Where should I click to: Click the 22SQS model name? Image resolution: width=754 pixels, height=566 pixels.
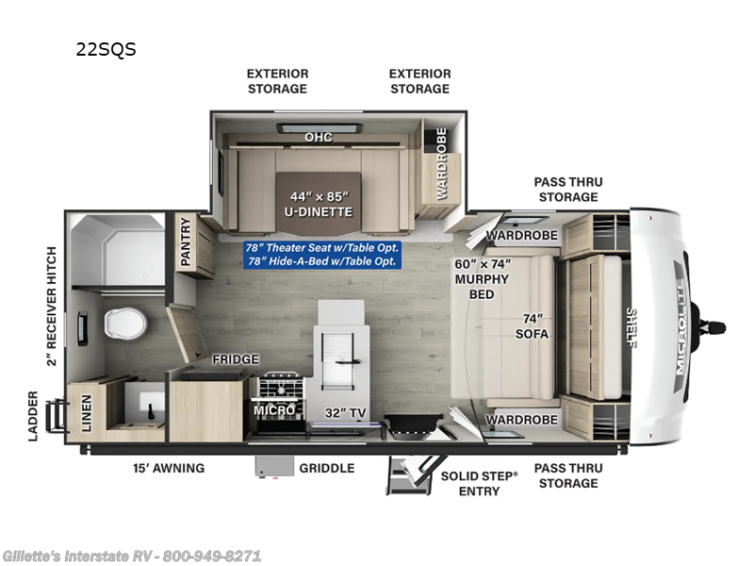pos(106,50)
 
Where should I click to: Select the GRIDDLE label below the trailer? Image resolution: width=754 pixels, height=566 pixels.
pos(326,467)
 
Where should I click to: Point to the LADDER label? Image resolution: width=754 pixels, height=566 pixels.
pos(33,415)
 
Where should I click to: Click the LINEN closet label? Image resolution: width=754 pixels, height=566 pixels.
pos(87,413)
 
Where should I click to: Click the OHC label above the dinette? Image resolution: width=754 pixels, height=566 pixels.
pos(318,138)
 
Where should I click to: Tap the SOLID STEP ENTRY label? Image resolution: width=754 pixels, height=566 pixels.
pos(480,483)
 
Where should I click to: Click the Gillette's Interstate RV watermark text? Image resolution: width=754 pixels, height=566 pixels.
pos(131,556)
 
